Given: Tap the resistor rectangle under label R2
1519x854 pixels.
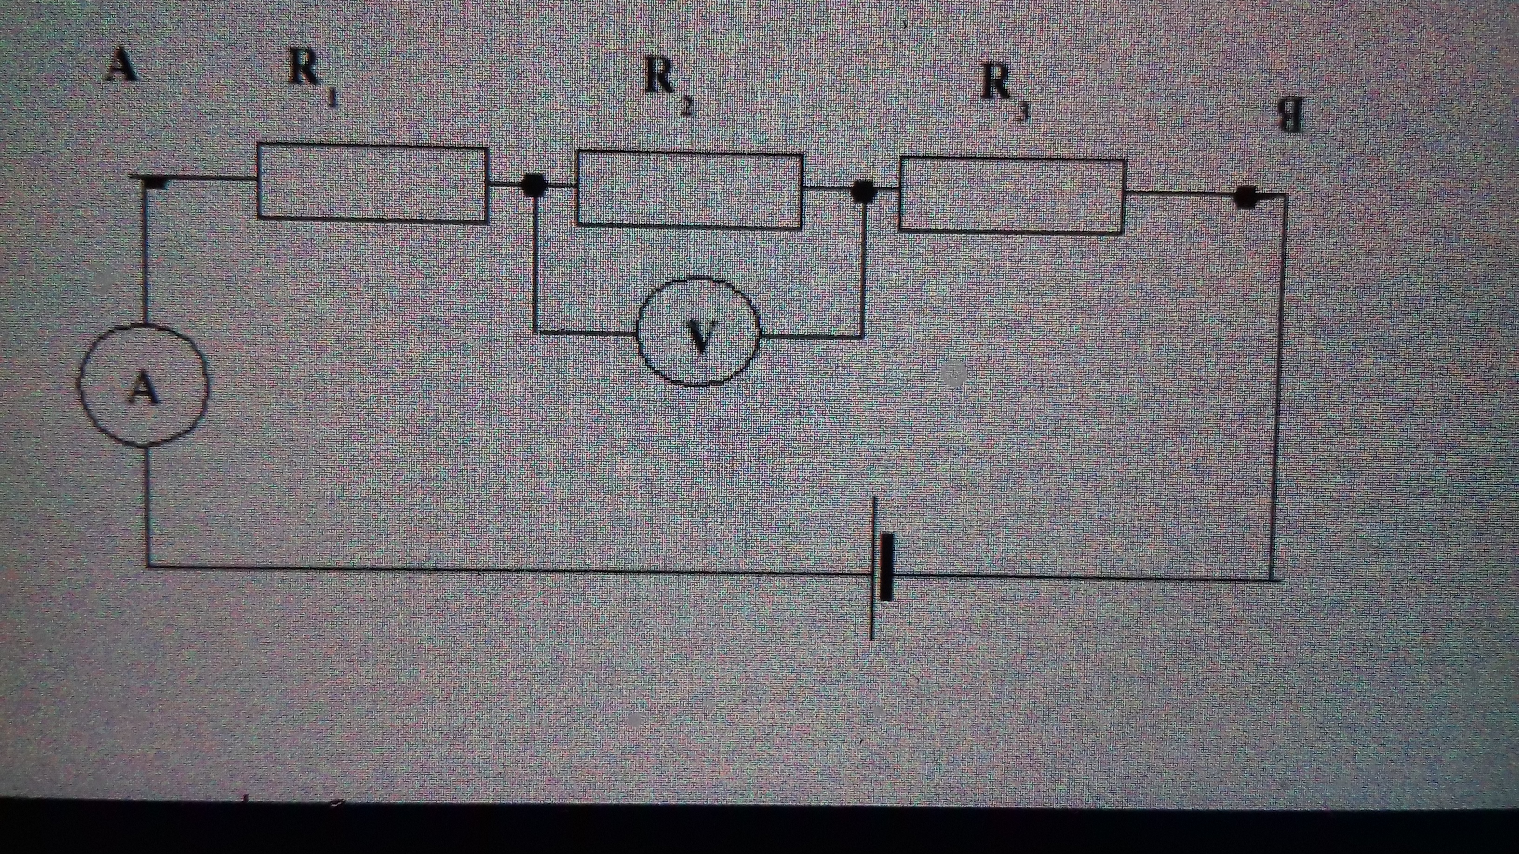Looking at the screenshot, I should (x=690, y=190).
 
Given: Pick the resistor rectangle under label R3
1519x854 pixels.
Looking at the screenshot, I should (x=1011, y=196).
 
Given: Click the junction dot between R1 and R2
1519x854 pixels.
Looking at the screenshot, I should (x=535, y=186).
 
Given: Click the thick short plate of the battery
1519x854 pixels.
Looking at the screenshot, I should (x=886, y=567).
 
